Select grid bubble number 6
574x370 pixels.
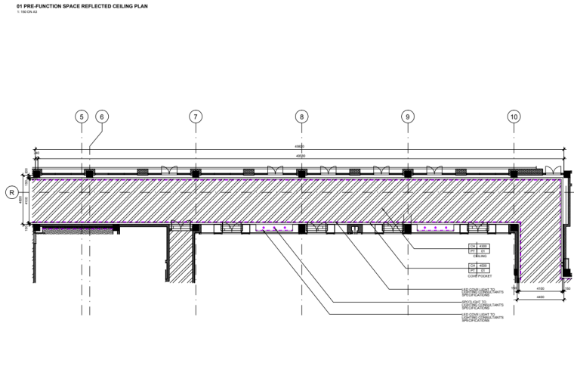click(x=102, y=117)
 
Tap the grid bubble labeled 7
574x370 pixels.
click(x=196, y=117)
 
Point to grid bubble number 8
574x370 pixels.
click(x=301, y=117)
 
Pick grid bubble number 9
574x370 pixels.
click(x=408, y=117)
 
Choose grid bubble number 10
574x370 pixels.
click(x=514, y=117)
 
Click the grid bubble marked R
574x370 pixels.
click(x=11, y=192)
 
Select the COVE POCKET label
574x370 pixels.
click(x=475, y=276)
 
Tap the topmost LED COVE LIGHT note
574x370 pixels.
click(x=483, y=291)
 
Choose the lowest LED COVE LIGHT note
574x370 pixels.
click(x=483, y=316)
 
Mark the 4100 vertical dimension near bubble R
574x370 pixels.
click(x=28, y=201)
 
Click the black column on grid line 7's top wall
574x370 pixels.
click(x=196, y=173)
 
